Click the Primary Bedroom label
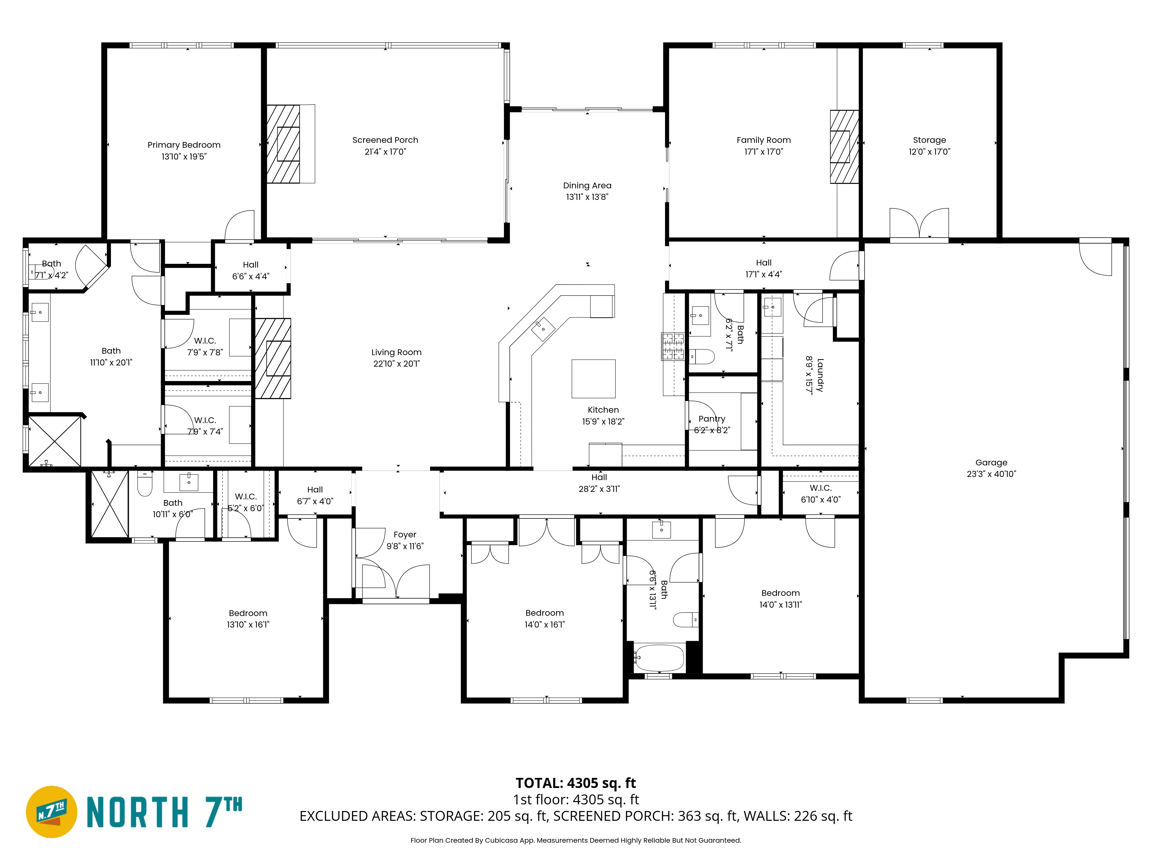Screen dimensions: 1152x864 pos(184,145)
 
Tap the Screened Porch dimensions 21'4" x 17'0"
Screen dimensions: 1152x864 pos(385,151)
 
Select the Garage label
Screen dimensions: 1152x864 pos(991,463)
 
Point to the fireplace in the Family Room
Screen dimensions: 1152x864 pos(844,147)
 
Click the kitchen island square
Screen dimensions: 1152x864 pos(594,379)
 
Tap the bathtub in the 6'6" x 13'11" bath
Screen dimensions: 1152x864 pos(659,658)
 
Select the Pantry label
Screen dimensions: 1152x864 pos(712,419)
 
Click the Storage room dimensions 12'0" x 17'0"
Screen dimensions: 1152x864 pos(930,151)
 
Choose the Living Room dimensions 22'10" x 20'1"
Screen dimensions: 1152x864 pos(396,363)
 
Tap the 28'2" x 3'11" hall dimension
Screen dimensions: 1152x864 pos(599,489)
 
